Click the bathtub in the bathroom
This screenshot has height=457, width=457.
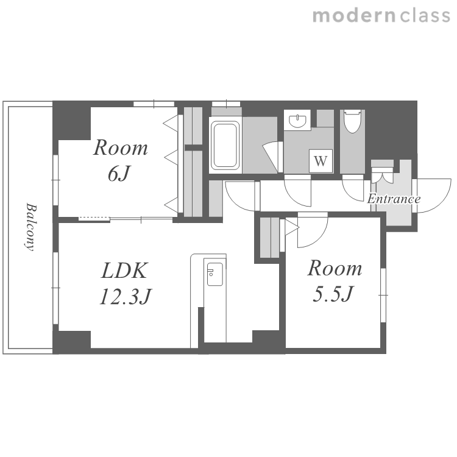225,145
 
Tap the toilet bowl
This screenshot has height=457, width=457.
353,121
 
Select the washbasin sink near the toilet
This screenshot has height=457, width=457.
297,120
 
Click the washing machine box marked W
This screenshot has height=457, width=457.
321,161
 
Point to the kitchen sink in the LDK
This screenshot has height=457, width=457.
215,274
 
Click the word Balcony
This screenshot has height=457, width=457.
30,227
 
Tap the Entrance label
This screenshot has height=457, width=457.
394,199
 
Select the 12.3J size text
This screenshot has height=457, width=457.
126,296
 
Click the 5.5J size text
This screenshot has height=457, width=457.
333,294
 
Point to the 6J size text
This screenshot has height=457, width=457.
118,174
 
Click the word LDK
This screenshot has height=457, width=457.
124,271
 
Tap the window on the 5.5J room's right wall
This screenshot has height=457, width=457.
383,295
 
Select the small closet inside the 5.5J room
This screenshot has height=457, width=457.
270,237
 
